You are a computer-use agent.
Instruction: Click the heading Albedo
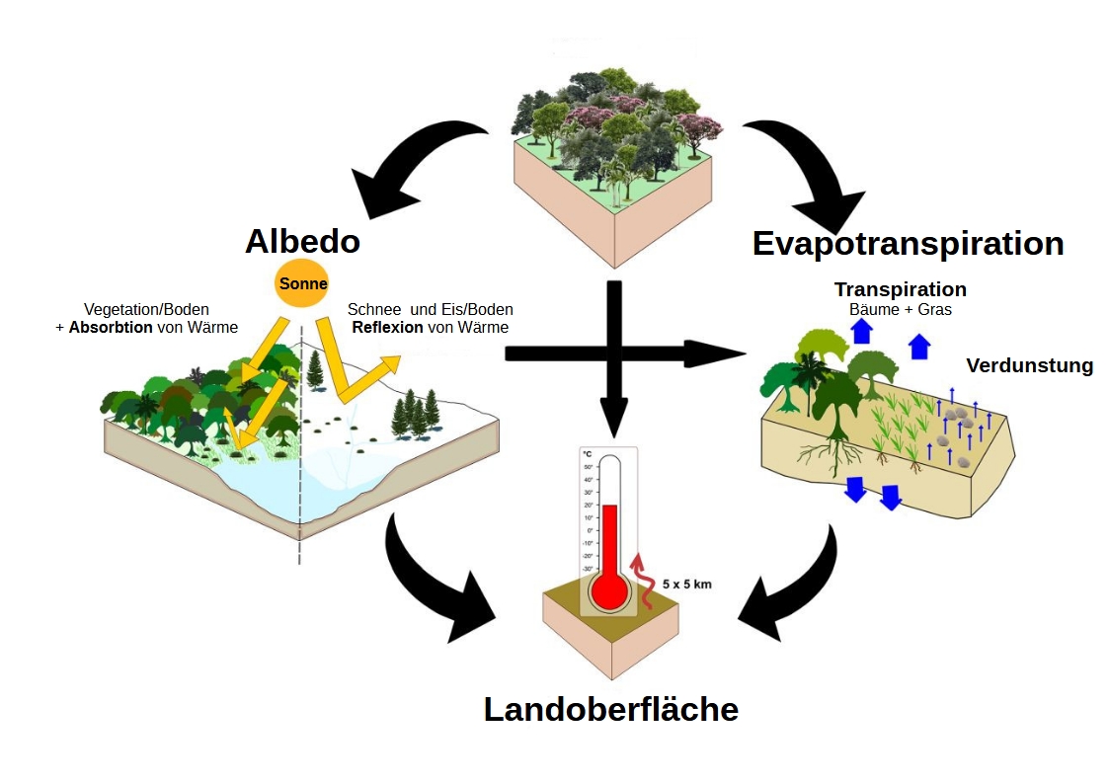click(302, 241)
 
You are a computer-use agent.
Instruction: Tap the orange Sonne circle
click(302, 283)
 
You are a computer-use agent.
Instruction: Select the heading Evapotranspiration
click(908, 243)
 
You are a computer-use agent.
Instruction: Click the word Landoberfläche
click(610, 709)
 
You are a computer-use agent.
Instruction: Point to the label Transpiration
click(900, 289)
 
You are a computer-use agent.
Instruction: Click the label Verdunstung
click(1030, 365)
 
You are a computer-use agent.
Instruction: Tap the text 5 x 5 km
click(687, 584)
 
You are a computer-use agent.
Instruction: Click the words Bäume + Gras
click(900, 309)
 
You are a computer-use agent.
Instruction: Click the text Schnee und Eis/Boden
click(430, 309)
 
